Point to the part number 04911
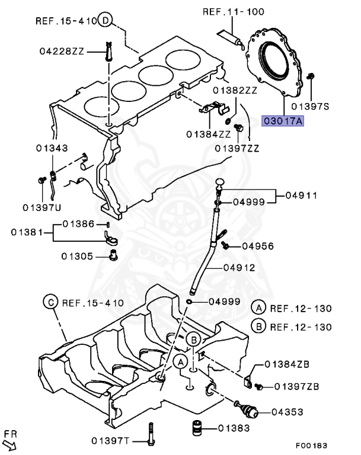[301, 195]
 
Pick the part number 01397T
[110, 440]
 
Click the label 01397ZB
[297, 387]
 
